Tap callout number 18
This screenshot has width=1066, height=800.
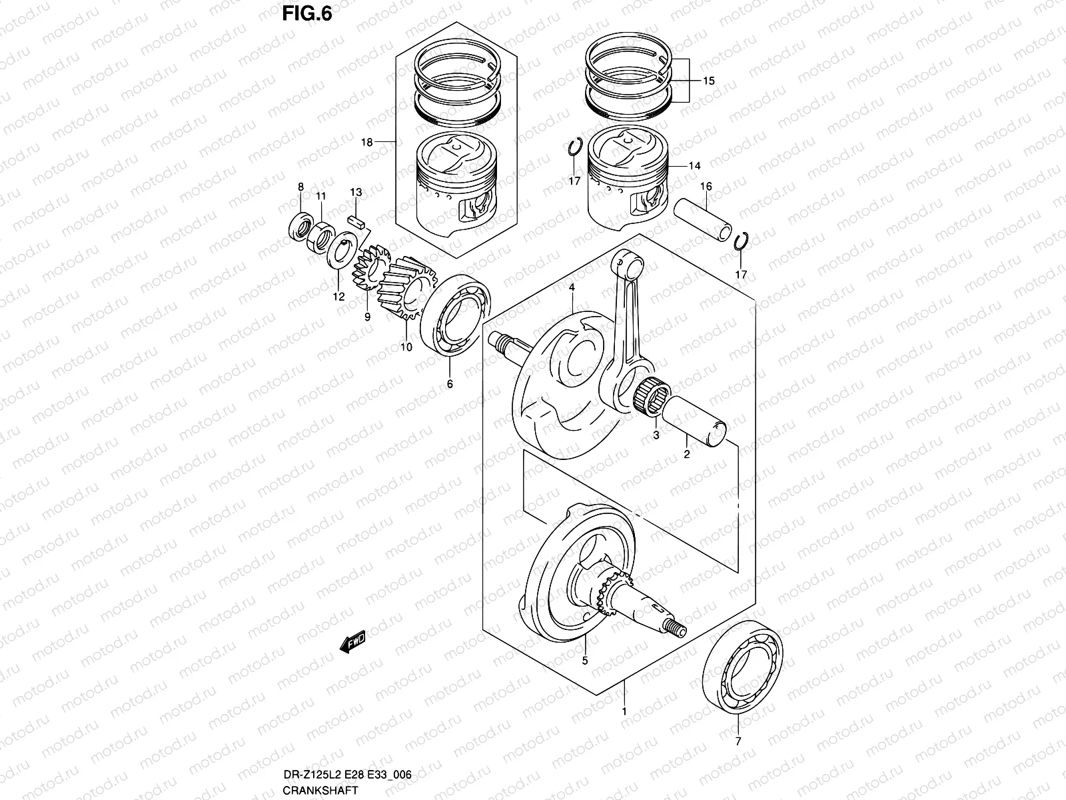(366, 142)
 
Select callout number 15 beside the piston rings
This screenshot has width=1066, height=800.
(708, 81)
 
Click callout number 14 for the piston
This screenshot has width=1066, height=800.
(695, 165)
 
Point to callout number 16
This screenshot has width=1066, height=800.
(706, 186)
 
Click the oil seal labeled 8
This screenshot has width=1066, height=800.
(301, 226)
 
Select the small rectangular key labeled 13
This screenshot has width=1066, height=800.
(356, 221)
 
